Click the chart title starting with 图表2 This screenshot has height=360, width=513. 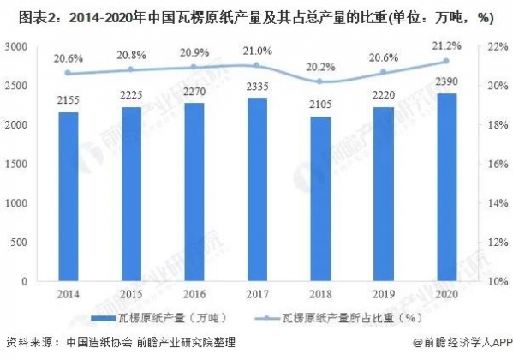tap(256, 15)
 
